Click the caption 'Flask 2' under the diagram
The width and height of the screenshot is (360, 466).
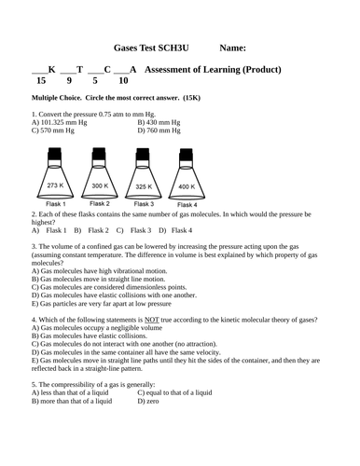[100, 204]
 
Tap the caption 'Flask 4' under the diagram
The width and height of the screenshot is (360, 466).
[187, 205]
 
